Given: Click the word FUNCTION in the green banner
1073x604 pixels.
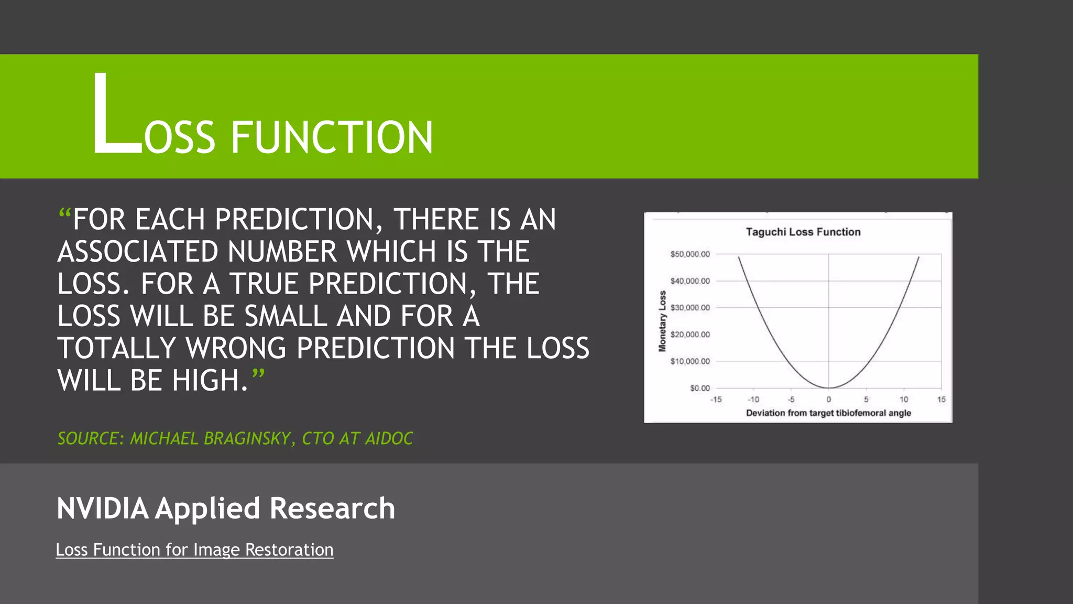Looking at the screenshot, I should click(x=332, y=137).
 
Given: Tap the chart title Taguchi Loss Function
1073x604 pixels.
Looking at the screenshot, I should click(x=803, y=232).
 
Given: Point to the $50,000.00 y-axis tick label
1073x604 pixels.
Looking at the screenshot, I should click(x=690, y=254).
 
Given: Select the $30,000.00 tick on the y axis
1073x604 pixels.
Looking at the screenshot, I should click(x=690, y=308).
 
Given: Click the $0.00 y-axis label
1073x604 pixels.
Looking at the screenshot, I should click(x=699, y=388).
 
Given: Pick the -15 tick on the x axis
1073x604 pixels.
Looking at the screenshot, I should click(x=716, y=400).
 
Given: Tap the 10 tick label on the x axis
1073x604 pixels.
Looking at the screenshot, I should click(x=904, y=400).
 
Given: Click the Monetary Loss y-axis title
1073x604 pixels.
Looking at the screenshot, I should click(x=662, y=321).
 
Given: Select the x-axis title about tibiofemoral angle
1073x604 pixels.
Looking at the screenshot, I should click(x=828, y=413).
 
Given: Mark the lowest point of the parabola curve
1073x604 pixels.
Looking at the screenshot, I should click(x=829, y=387).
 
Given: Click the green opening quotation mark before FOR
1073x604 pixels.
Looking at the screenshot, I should click(x=64, y=214).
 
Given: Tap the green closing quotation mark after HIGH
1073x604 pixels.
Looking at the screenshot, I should click(x=258, y=374).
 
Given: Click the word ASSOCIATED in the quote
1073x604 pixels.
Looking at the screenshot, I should click(x=137, y=252).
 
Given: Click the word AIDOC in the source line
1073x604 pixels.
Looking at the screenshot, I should click(x=389, y=438).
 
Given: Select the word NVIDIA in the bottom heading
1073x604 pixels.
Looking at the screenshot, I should click(x=102, y=509).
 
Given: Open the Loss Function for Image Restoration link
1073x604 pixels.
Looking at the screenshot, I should click(x=194, y=550).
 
